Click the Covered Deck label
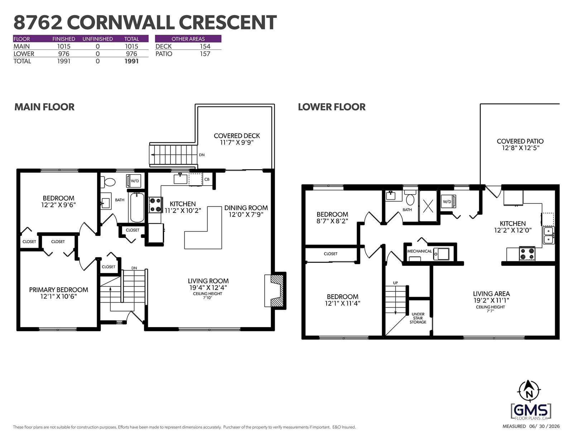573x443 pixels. click(x=236, y=139)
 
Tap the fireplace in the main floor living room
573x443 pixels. click(x=275, y=291)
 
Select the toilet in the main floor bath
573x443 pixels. click(x=109, y=182)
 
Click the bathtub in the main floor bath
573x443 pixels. click(x=136, y=208)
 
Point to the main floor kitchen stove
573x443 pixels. click(x=155, y=205)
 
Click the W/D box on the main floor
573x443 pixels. click(x=134, y=181)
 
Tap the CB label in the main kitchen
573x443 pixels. click(x=207, y=180)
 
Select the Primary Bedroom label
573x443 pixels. click(x=58, y=293)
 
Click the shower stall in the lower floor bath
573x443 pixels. click(x=428, y=206)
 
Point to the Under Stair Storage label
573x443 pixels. click(x=418, y=318)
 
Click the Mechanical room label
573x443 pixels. click(x=419, y=251)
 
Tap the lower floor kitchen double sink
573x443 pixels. click(x=549, y=235)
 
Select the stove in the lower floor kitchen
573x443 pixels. click(x=527, y=253)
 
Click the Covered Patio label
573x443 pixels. click(x=520, y=144)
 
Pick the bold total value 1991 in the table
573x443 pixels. click(x=131, y=61)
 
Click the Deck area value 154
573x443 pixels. click(x=205, y=47)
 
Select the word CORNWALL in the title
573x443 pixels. click(x=120, y=23)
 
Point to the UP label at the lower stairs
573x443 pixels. click(x=395, y=283)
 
